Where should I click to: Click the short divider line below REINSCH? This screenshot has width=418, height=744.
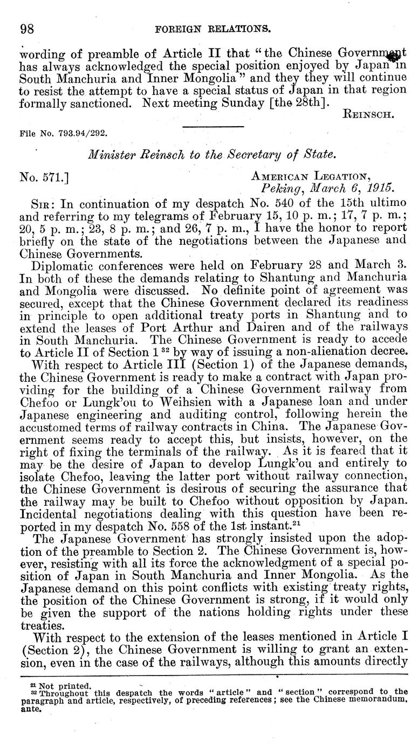tap(213, 127)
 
